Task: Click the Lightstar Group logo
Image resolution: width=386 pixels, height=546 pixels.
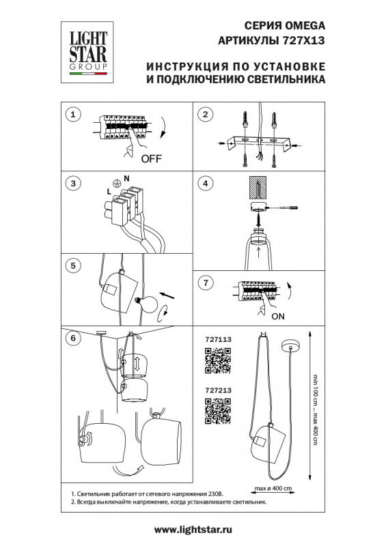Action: (x=87, y=53)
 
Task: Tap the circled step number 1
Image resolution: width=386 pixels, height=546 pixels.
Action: (x=73, y=114)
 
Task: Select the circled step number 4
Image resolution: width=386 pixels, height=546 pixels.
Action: (x=206, y=184)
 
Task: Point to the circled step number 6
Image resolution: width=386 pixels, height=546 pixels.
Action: (x=73, y=338)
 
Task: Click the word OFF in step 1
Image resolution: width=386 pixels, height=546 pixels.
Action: (x=152, y=159)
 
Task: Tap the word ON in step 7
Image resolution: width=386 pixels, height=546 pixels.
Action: (x=278, y=317)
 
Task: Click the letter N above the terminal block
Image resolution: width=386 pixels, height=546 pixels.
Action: (x=126, y=178)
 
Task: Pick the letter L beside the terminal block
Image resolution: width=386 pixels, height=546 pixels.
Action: (x=109, y=192)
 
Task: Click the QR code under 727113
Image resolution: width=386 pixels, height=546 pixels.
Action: (x=218, y=360)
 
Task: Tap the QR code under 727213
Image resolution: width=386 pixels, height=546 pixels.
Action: (x=218, y=412)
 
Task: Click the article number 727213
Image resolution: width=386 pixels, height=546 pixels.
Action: (x=219, y=390)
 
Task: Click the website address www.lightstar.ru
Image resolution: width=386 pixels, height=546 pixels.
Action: (x=193, y=530)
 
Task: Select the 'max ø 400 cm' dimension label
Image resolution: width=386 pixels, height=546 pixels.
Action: (x=273, y=488)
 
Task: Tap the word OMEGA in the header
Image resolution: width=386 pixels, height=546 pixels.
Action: (x=305, y=26)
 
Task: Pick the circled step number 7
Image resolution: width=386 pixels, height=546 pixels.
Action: (x=206, y=283)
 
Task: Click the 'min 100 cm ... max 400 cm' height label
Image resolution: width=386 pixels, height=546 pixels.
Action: (x=315, y=409)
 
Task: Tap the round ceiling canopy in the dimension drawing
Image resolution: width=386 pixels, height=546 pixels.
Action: (x=291, y=346)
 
